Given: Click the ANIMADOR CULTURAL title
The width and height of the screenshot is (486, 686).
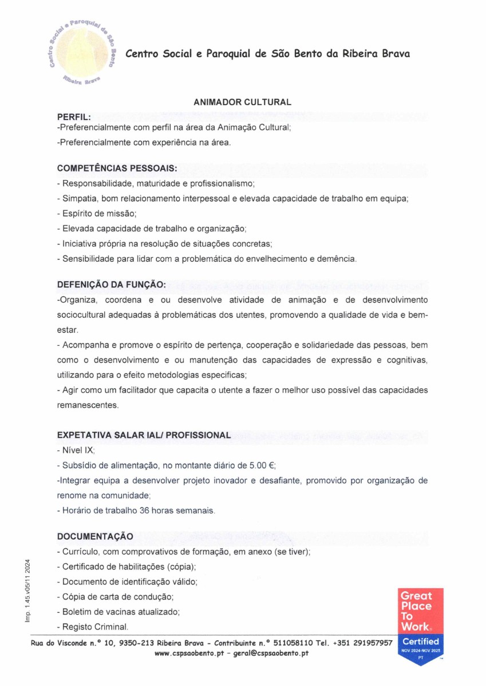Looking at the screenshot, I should click(243, 102).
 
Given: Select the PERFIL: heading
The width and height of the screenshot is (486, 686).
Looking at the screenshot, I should click(74, 117).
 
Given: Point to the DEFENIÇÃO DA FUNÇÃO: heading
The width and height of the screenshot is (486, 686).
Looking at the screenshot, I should click(112, 285).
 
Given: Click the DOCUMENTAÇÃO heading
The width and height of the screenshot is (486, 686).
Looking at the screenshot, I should click(95, 536).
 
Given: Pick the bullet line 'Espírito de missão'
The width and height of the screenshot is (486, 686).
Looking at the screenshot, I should click(97, 214).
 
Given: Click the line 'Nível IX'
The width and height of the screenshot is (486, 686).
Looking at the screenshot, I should click(76, 450).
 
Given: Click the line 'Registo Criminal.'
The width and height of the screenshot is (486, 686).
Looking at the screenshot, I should click(93, 626).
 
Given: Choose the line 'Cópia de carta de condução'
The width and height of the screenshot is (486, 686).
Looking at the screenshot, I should click(116, 596).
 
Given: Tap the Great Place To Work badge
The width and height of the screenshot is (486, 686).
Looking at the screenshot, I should click(421, 625).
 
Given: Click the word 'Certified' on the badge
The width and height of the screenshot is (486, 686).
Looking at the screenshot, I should click(421, 641).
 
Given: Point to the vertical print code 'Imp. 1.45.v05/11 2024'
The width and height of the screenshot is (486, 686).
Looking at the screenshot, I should click(27, 591).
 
